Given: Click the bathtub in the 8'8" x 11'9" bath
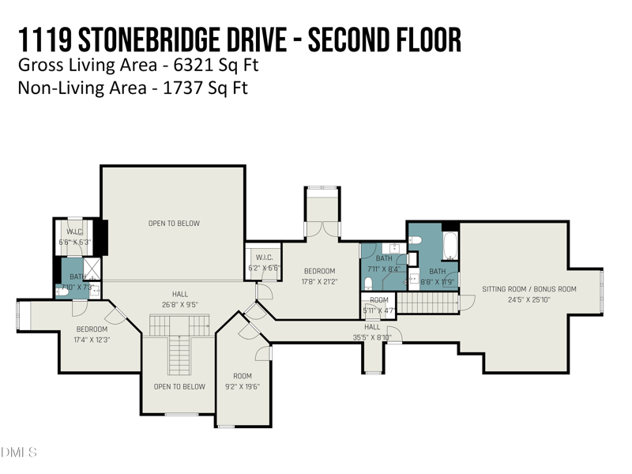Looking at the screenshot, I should [450, 246].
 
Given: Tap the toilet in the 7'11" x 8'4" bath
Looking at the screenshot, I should [369, 283].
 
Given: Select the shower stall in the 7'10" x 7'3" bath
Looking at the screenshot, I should [92, 269].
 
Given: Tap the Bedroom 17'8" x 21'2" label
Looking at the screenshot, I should [319, 271].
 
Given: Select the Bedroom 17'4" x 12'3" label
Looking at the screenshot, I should [92, 329].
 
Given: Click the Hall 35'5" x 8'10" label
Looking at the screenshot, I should [372, 326].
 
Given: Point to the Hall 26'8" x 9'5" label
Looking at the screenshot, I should [180, 294].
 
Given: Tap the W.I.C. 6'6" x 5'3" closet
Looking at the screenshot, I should [75, 236].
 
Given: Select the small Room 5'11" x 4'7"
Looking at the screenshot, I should [379, 305].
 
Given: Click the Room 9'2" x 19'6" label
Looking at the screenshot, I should [243, 376].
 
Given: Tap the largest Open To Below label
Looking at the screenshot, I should [174, 224].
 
